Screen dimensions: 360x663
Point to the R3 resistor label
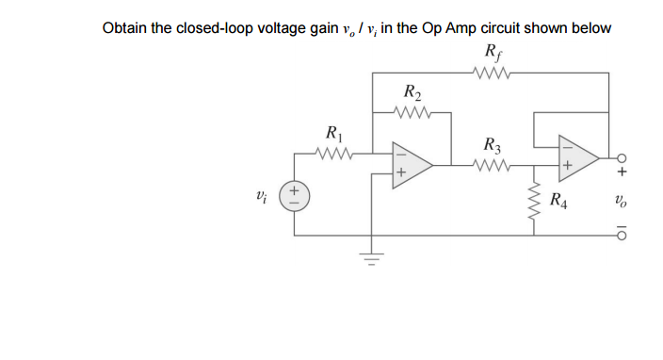(491, 146)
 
